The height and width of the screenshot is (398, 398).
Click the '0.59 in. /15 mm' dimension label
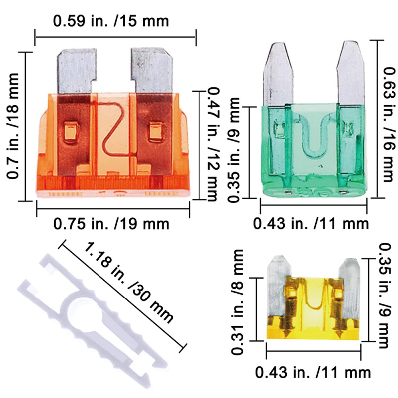(111, 21)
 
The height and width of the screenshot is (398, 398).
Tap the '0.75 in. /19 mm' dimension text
(111, 224)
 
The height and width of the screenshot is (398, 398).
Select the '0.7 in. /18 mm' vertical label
(13, 126)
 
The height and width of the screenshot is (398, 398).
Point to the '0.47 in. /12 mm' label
(213, 144)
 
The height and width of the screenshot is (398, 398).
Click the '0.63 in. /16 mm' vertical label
(389, 124)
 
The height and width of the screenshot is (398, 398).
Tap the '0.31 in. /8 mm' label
(237, 302)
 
